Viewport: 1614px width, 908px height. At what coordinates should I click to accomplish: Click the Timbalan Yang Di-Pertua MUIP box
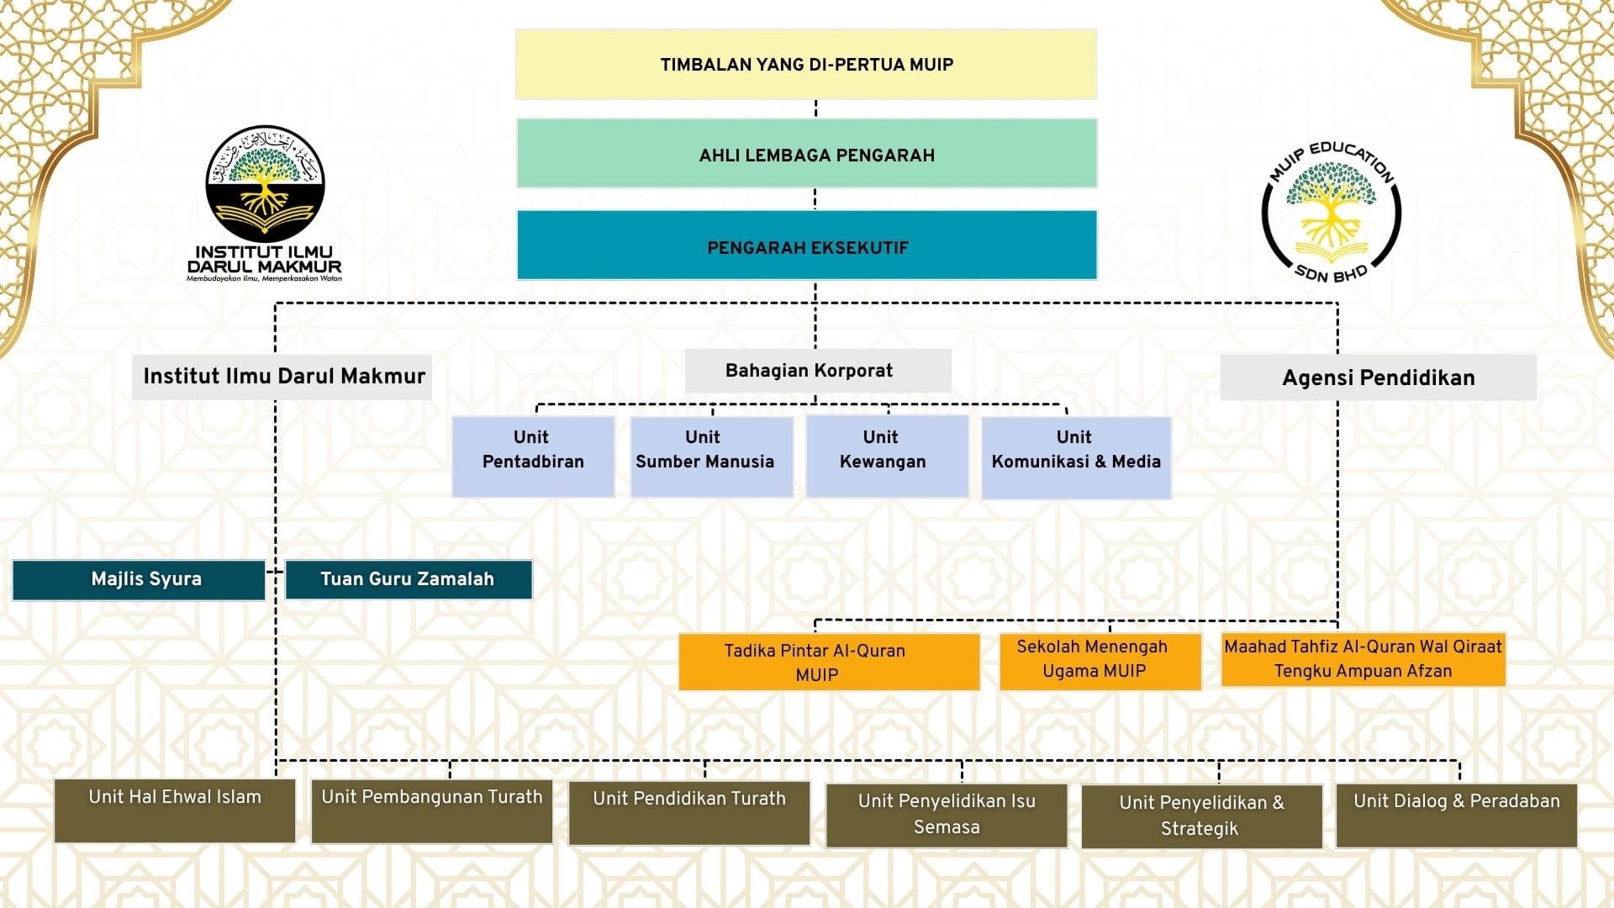806,65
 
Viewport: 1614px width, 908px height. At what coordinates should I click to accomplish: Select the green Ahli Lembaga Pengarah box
807,153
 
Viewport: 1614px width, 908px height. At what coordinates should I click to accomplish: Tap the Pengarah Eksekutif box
807,245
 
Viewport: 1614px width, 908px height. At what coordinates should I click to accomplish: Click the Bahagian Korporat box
818,371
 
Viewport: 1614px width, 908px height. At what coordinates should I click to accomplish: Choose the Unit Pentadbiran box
533,457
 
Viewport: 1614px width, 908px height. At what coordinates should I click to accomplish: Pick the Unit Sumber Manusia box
711,457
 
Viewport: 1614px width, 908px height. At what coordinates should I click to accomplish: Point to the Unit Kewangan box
887,457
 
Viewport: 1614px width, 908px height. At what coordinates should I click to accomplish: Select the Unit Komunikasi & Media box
1076,457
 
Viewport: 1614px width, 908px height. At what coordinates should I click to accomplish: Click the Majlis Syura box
139,580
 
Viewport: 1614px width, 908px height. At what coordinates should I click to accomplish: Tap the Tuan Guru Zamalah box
409,579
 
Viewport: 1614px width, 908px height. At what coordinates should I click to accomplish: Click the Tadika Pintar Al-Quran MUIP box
829,662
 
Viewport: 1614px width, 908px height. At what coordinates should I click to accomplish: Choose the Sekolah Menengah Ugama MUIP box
1100,661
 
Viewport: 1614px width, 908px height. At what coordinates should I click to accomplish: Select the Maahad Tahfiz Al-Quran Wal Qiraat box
1363,659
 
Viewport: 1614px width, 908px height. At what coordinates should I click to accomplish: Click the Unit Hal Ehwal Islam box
175,810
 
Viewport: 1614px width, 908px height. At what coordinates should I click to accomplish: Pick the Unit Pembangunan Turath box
432,811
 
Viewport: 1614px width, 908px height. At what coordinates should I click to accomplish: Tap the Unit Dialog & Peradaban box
1457,816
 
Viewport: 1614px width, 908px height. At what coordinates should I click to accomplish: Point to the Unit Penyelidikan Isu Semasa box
947,816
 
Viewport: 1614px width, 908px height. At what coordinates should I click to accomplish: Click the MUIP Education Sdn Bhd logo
1332,212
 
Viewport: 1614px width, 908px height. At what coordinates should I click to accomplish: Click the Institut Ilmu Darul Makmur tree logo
265,184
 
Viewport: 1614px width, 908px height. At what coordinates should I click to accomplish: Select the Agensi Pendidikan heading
1379,377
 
